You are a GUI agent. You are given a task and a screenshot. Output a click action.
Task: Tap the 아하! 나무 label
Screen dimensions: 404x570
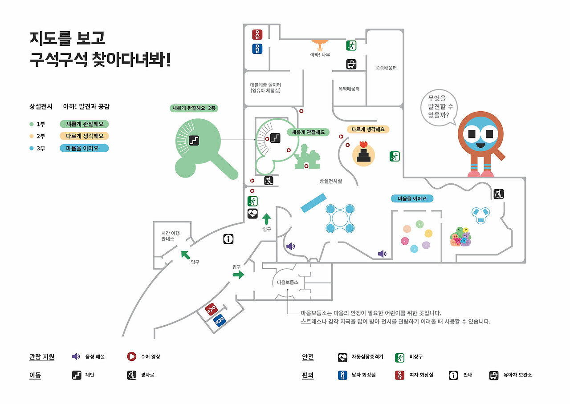(320, 55)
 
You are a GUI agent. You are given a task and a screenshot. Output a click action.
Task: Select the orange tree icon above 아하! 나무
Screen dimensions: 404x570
(320, 44)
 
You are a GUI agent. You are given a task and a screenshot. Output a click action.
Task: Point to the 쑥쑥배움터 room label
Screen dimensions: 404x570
(386, 68)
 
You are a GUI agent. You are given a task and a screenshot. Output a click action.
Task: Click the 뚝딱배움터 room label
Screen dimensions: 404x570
(349, 89)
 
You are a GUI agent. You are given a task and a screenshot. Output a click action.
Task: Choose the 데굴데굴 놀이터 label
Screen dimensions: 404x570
(265, 87)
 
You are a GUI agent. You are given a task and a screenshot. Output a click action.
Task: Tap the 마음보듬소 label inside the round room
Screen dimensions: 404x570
(287, 283)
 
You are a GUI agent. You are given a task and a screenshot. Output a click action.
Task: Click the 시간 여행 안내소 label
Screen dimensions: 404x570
(171, 236)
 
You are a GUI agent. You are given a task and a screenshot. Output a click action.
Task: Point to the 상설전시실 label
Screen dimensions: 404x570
(330, 181)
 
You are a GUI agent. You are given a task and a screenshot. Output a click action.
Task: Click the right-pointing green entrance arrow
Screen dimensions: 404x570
(238, 275)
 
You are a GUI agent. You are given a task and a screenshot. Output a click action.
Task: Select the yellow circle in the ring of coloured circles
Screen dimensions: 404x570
(428, 233)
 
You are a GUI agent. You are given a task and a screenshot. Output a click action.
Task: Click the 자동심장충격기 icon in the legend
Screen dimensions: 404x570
(342, 357)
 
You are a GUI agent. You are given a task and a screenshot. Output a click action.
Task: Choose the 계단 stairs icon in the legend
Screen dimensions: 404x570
(77, 375)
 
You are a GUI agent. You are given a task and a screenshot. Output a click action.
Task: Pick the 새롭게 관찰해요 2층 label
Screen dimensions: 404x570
(195, 108)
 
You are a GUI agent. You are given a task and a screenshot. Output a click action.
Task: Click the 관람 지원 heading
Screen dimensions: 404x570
(42, 357)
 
